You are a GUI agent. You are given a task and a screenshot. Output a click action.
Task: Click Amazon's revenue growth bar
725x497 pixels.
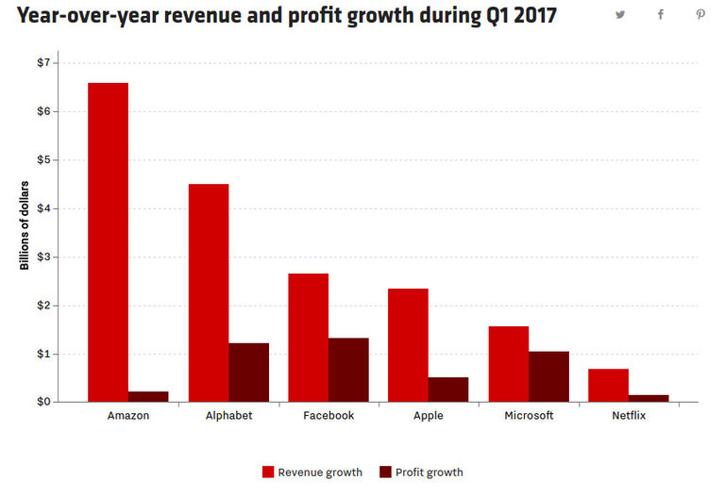click(x=108, y=242)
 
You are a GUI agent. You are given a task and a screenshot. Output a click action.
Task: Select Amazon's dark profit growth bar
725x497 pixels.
click(x=148, y=397)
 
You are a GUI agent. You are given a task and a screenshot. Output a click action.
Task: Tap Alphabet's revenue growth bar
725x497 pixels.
click(x=209, y=292)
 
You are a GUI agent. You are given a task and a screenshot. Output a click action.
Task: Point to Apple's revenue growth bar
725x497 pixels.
click(x=408, y=345)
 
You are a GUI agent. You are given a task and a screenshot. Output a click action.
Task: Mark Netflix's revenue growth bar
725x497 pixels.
click(x=608, y=385)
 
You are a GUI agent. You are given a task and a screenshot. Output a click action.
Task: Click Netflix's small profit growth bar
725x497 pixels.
click(x=649, y=398)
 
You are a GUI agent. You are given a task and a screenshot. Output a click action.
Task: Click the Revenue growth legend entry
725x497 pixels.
click(x=312, y=472)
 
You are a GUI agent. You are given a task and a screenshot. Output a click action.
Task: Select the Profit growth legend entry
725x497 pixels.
click(x=421, y=472)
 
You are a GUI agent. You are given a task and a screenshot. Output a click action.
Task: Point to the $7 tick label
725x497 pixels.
click(x=44, y=62)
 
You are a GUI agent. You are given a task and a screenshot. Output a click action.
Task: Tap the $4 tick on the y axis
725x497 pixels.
click(x=44, y=208)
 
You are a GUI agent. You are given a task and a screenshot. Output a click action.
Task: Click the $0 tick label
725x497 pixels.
click(x=44, y=402)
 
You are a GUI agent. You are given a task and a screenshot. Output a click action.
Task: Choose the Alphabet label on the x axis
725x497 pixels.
click(x=228, y=416)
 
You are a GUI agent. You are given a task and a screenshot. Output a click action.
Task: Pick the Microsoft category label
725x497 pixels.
click(x=529, y=416)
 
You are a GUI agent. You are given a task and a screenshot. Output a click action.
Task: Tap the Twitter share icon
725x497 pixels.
click(x=620, y=14)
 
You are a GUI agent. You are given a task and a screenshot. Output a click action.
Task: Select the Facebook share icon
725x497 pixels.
click(x=661, y=14)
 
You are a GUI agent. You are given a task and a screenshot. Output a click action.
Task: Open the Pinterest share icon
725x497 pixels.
click(x=700, y=14)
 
